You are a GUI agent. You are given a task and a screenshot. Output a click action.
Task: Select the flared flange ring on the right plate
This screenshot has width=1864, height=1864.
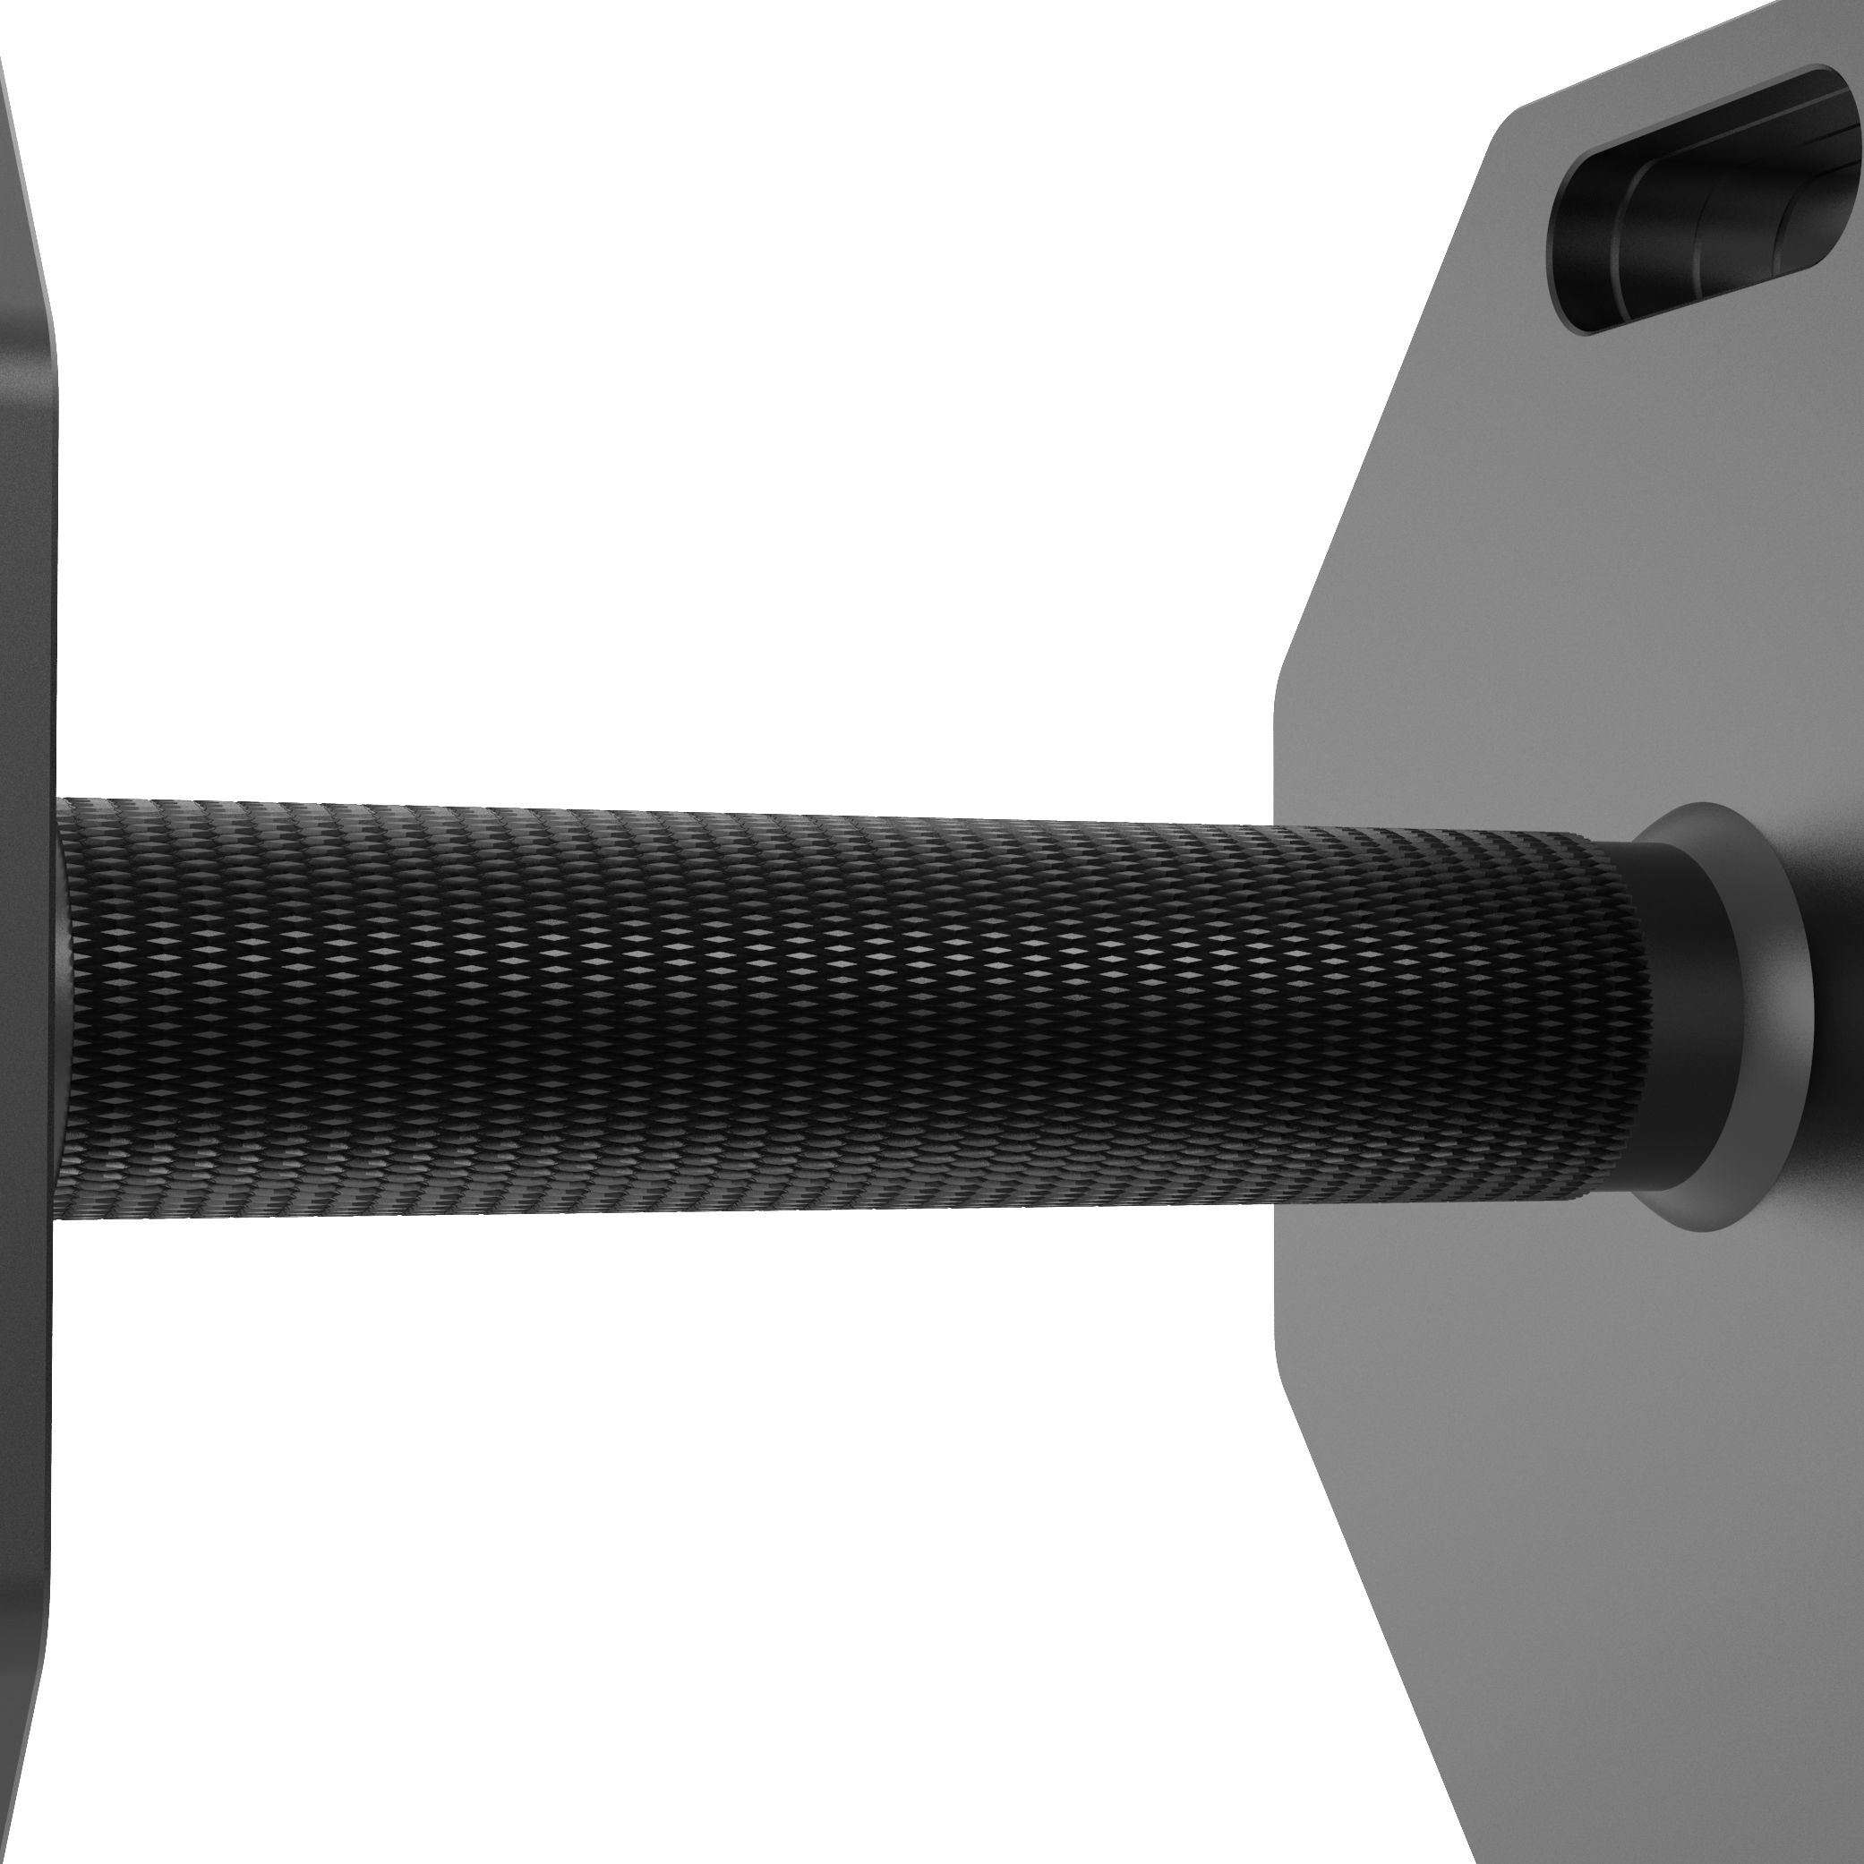(1727, 1013)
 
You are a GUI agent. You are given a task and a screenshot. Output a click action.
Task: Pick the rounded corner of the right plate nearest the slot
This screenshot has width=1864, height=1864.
(1505, 121)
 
